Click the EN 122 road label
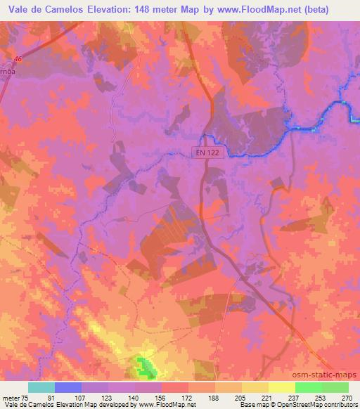pos(207,152)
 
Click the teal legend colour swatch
pos(41,387)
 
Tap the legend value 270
pos(346,398)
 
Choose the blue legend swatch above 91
pos(68,387)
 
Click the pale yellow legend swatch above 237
pos(281,387)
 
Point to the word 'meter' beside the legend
pos(11,398)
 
